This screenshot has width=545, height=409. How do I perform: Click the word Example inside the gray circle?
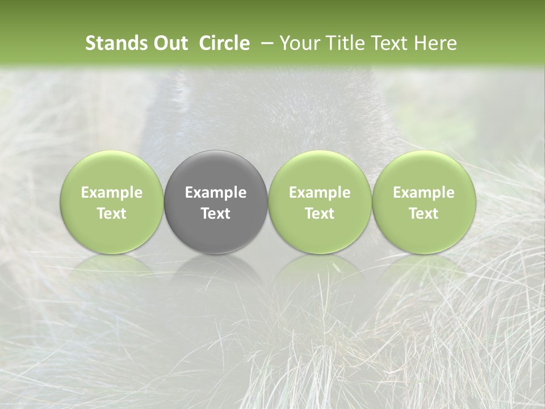[216, 193]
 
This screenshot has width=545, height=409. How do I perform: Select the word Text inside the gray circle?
[216, 214]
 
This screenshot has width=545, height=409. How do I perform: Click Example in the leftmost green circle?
[112, 193]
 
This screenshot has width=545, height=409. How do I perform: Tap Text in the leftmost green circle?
[112, 214]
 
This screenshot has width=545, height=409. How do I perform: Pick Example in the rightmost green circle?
[424, 193]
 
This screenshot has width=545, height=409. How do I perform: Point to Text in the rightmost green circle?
[424, 214]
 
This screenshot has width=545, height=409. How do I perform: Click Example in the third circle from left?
[320, 193]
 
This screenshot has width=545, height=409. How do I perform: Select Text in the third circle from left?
[320, 214]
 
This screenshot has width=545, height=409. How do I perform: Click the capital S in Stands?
[90, 43]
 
